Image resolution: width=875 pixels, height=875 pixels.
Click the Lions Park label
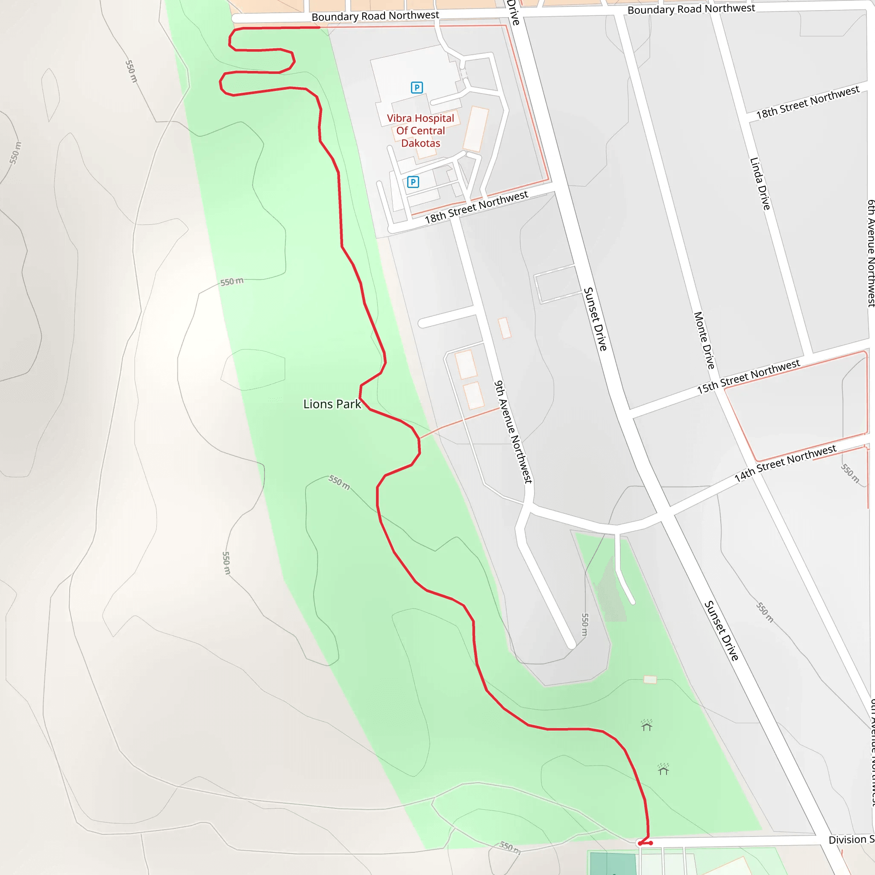[332, 404]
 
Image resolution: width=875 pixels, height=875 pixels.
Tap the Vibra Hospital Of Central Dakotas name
[420, 130]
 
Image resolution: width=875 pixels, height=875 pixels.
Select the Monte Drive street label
[704, 340]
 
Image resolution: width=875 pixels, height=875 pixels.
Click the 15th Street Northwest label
[748, 376]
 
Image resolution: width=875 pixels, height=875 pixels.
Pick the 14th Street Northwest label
[785, 463]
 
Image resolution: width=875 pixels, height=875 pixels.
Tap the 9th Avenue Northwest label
[513, 432]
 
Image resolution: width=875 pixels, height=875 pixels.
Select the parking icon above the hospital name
[417, 88]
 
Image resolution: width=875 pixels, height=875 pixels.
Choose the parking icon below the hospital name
[413, 182]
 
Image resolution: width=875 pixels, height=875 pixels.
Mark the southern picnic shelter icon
[664, 769]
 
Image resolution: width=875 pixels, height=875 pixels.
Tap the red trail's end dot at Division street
[651, 843]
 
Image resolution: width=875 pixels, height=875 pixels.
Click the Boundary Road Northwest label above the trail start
[375, 16]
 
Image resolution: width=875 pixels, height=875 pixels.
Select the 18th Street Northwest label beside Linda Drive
[807, 103]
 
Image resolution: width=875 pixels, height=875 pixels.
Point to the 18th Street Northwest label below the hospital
[476, 207]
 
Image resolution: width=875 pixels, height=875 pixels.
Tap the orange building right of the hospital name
[476, 129]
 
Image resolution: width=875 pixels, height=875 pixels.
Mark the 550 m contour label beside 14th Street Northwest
[850, 473]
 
